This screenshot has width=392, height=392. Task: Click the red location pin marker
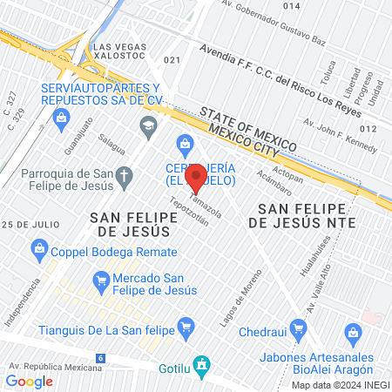pos(196,178)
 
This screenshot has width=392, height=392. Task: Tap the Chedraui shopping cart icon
pos(298,329)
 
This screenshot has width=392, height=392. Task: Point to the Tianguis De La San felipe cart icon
pos(185,328)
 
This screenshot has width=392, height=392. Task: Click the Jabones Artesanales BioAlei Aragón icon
pos(353,331)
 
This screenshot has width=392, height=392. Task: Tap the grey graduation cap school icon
pos(147,128)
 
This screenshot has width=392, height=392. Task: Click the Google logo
pos(29,381)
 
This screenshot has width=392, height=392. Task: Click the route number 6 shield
pos(101,358)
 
